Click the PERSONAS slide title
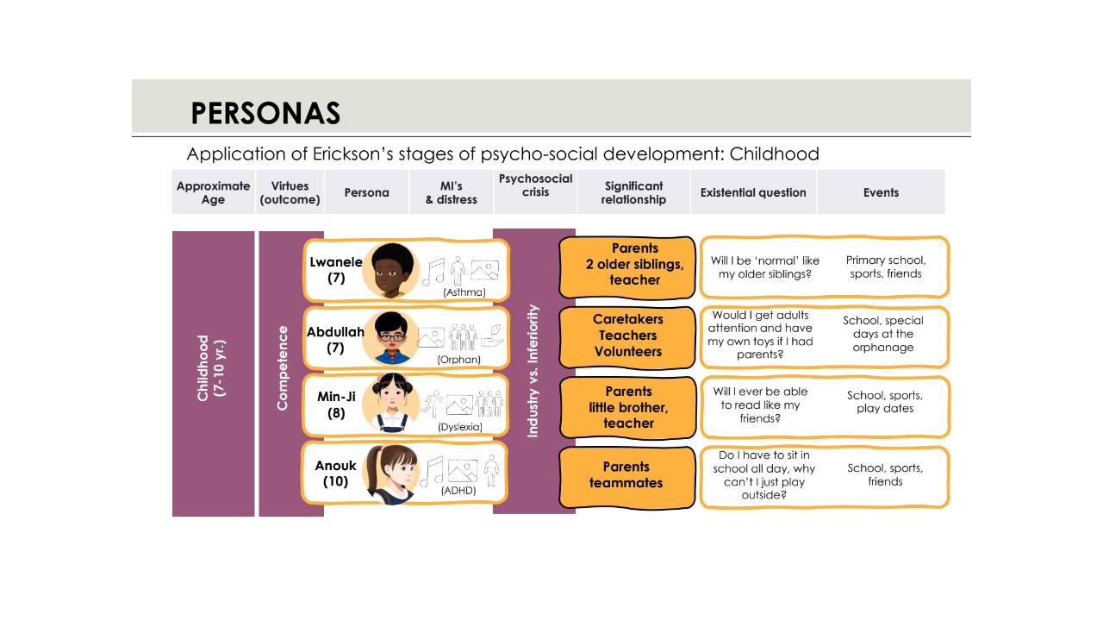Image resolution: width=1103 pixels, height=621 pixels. click(x=265, y=113)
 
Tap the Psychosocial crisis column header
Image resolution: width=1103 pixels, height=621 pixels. click(x=535, y=185)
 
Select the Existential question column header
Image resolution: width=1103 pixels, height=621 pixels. click(x=753, y=192)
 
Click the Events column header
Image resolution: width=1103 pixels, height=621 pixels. click(x=881, y=192)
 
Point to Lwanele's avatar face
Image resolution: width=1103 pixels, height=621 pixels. click(x=391, y=271)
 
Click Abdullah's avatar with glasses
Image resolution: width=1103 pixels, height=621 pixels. click(x=391, y=338)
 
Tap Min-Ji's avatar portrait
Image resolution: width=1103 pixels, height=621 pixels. click(x=391, y=403)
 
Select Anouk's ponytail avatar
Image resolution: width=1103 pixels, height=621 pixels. click(x=391, y=474)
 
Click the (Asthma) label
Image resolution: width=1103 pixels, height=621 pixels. click(x=464, y=292)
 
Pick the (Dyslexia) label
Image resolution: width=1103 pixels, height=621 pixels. click(x=460, y=427)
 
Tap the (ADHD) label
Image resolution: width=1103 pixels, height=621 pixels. click(x=458, y=491)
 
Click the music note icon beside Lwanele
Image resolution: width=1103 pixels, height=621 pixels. click(x=433, y=272)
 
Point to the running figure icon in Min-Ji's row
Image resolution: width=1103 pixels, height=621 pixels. click(x=432, y=405)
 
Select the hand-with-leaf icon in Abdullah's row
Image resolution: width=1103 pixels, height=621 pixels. click(x=493, y=336)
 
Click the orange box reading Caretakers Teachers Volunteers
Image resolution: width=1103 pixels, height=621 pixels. click(x=627, y=337)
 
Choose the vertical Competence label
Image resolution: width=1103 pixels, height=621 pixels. click(x=282, y=368)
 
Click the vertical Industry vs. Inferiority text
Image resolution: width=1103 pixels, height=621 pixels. click(x=533, y=371)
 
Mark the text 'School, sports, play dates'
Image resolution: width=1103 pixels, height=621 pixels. click(x=884, y=402)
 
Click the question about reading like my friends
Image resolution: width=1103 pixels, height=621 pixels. click(x=760, y=405)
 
